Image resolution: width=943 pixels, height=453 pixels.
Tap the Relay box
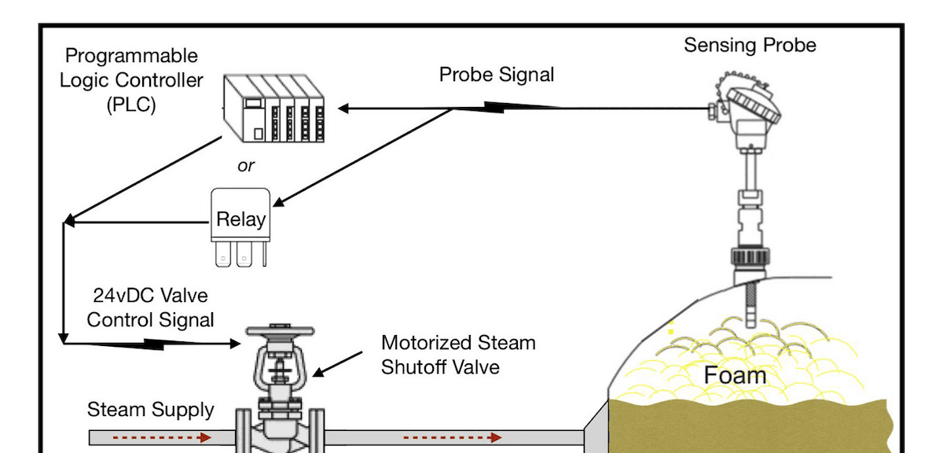pyautogui.click(x=240, y=219)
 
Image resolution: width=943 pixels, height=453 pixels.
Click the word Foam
pyautogui.click(x=735, y=375)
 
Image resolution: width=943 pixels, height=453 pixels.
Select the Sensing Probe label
pyautogui.click(x=750, y=45)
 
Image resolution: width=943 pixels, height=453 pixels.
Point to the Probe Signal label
pyautogui.click(x=496, y=75)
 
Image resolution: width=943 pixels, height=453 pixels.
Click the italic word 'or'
pyautogui.click(x=245, y=166)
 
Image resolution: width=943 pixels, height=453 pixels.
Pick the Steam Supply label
pyautogui.click(x=150, y=410)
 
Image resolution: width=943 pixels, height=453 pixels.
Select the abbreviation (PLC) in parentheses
pyautogui.click(x=131, y=105)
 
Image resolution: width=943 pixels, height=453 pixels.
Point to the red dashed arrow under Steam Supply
pyautogui.click(x=160, y=436)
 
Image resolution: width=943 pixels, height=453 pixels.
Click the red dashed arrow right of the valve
pyautogui.click(x=452, y=436)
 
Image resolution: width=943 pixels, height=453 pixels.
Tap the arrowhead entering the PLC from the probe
pyautogui.click(x=344, y=108)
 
